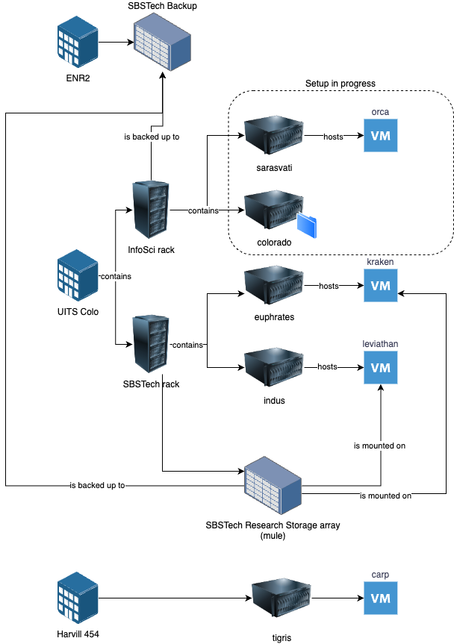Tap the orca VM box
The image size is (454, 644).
pyautogui.click(x=381, y=135)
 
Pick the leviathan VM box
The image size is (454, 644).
pyautogui.click(x=381, y=366)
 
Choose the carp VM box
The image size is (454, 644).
pyautogui.click(x=381, y=598)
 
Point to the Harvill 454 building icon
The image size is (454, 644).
pyautogui.click(x=78, y=598)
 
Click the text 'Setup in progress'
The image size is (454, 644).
pyautogui.click(x=340, y=83)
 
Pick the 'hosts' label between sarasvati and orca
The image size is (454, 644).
pyautogui.click(x=333, y=137)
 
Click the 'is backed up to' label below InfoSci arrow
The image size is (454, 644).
pyautogui.click(x=151, y=137)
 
